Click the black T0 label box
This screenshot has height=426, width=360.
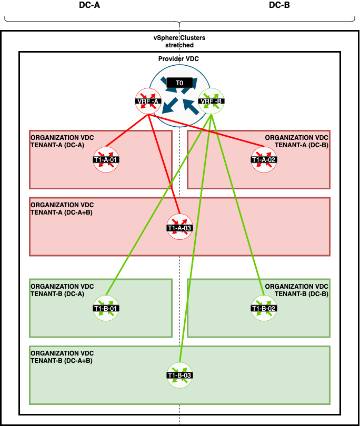[x=179, y=83]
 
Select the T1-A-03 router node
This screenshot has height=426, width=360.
[x=179, y=228]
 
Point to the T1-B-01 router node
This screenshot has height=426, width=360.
[x=106, y=308]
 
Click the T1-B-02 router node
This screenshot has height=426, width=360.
[x=264, y=308]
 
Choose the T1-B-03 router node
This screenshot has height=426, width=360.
[x=179, y=375]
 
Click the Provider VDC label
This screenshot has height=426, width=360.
[x=178, y=59]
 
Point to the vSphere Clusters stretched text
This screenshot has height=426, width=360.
[x=179, y=42]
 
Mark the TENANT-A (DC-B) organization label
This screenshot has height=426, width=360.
[x=296, y=141]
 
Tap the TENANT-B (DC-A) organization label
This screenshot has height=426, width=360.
[x=62, y=290]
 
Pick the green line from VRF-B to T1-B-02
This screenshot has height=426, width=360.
[x=237, y=205]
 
